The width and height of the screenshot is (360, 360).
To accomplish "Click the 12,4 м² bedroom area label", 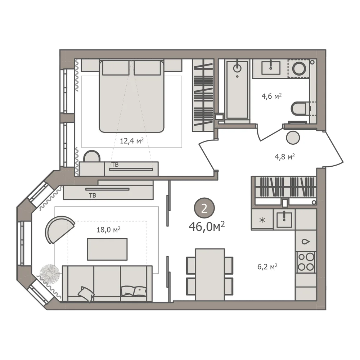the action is tap(132, 140).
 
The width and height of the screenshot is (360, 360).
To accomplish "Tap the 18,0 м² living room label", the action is tap(109, 229).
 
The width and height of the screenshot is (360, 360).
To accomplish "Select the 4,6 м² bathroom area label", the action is tap(271, 96).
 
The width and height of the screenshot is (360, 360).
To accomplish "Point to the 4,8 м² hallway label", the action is tap(285, 157).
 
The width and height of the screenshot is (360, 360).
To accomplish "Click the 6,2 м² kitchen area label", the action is tap(267, 266).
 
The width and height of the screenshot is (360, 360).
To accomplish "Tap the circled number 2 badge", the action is tap(204, 208).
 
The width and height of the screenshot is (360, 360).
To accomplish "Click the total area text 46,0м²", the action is tap(207, 226).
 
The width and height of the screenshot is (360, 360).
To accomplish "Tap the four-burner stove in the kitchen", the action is tap(306, 262).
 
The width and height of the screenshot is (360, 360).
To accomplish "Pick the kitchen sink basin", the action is tap(284, 220).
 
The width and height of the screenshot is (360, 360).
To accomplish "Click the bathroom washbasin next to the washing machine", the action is tap(271, 68).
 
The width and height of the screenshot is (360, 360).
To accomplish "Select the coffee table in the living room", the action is tap(107, 249).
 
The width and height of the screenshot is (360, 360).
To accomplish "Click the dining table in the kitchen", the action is tap(210, 274).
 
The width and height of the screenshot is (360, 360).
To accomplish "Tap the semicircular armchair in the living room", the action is tap(59, 229).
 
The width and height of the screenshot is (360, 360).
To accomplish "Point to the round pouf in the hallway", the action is tap(293, 138).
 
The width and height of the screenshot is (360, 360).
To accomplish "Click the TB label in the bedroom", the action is tap(115, 165).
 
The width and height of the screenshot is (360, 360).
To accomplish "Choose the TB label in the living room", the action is tap(93, 195).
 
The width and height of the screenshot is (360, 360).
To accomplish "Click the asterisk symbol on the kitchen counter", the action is tap(262, 220).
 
